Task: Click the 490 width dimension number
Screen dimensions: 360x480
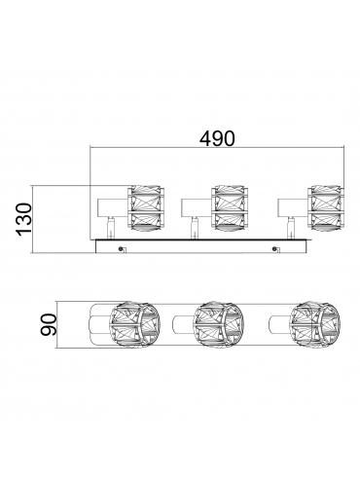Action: tap(217, 139)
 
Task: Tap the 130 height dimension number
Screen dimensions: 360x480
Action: tap(24, 219)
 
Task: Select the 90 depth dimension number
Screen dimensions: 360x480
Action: tap(50, 324)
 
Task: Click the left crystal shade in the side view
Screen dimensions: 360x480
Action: tap(145, 208)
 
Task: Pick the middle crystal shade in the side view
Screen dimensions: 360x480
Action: tap(229, 208)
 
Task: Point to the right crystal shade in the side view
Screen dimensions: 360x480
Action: tap(325, 208)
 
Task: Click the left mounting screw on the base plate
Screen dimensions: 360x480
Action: tap(121, 249)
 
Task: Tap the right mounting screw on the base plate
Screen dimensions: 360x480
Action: tap(275, 249)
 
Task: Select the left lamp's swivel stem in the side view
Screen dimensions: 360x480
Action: tap(111, 228)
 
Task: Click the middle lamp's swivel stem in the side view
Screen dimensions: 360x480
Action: tap(195, 228)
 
